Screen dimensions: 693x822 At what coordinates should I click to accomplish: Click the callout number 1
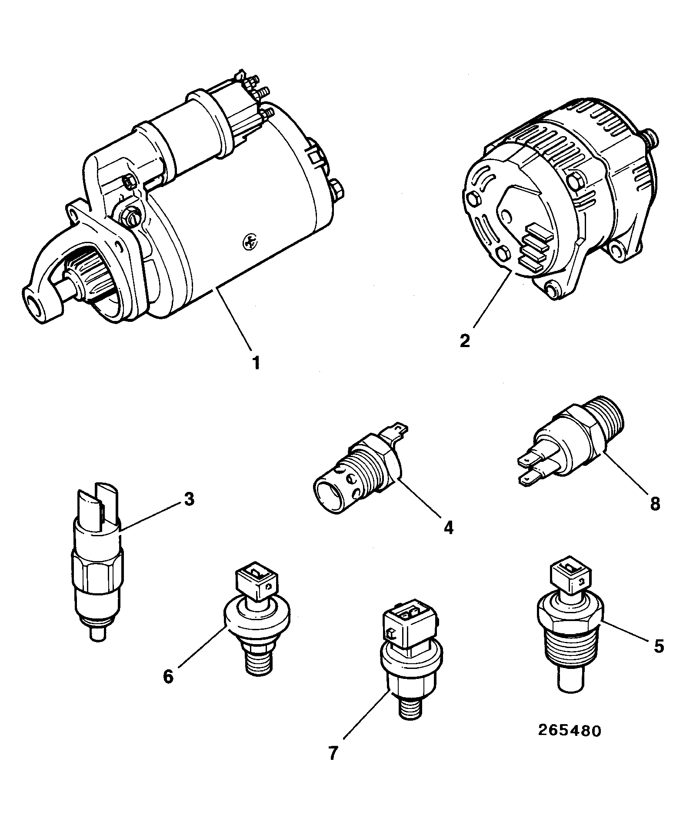257,362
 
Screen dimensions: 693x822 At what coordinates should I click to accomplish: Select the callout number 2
465,340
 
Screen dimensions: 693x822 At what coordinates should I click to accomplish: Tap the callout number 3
188,499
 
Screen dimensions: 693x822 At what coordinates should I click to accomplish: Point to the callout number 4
448,528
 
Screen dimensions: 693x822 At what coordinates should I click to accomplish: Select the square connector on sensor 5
570,574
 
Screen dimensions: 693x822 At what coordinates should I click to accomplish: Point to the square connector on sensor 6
256,582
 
